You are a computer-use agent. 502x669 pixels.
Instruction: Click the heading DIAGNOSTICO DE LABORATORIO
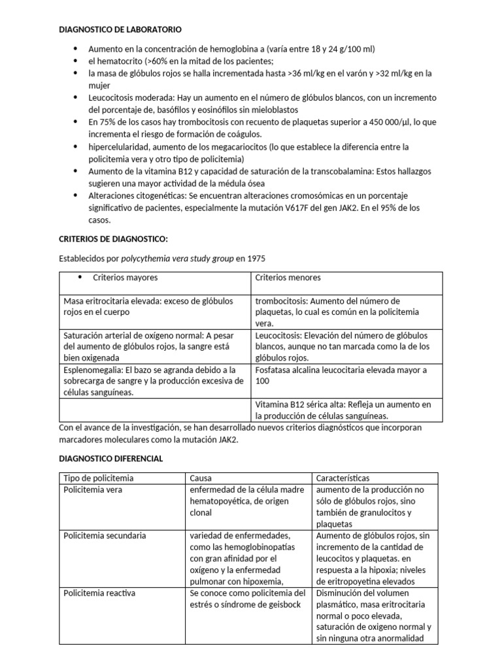coord(121,30)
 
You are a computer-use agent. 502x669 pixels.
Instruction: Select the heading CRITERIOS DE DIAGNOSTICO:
coord(114,239)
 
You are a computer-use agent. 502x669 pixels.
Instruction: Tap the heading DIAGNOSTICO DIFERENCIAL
coord(111,459)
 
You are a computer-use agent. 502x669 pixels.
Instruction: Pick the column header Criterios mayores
coord(125,278)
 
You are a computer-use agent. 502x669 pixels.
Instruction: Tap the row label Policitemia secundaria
coord(105,536)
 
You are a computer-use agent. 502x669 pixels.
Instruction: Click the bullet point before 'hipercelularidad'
coord(76,147)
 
